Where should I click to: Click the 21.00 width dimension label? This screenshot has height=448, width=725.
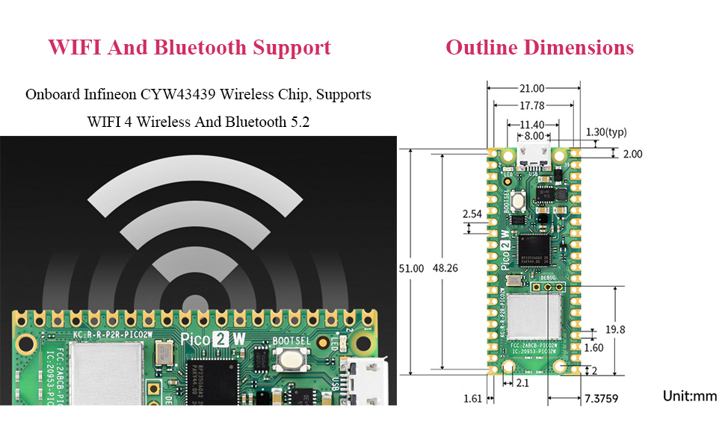coord(534,88)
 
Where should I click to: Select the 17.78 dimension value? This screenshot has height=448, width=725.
coord(534,106)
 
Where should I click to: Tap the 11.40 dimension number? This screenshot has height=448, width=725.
coord(534,124)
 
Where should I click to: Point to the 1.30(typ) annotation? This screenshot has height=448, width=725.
coord(606,132)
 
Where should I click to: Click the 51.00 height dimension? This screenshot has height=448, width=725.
coord(412,268)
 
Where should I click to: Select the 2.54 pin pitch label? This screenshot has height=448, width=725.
coord(472,214)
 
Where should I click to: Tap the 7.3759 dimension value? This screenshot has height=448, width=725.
coord(602,399)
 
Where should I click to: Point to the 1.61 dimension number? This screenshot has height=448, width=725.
coord(472,399)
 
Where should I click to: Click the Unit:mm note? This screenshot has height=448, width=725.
coord(689,396)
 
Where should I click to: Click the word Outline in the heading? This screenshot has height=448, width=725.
coord(482,48)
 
